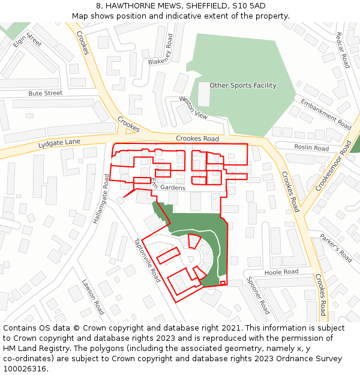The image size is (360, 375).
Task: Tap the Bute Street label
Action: [x=45, y=94]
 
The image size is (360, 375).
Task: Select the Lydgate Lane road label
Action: [x=59, y=143]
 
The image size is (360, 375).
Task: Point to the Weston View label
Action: [x=193, y=107]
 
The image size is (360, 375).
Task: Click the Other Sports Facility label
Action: [x=242, y=85]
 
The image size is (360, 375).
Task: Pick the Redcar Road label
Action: [x=343, y=50]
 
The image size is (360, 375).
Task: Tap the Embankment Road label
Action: [x=326, y=114]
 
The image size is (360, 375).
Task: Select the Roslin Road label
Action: [x=311, y=148]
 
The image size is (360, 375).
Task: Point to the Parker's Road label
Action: [x=336, y=247]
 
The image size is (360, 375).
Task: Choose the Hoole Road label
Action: [x=281, y=272]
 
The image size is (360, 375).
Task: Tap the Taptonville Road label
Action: [x=147, y=260]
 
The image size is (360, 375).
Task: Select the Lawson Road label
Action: [x=93, y=297]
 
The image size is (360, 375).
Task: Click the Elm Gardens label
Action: [x=167, y=185]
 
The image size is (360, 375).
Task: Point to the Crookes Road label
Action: [x=197, y=139]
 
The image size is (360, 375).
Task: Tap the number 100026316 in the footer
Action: [x=25, y=369]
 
